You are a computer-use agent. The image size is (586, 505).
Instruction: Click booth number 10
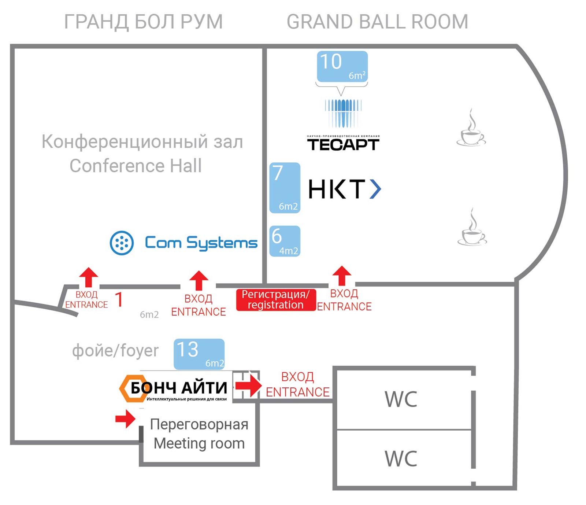pyautogui.click(x=342, y=66)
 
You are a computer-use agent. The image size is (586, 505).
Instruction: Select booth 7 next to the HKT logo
pyautogui.click(x=285, y=188)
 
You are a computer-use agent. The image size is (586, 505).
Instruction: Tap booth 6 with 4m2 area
pyautogui.click(x=285, y=241)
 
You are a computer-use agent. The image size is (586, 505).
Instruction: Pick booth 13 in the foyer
pyautogui.click(x=199, y=354)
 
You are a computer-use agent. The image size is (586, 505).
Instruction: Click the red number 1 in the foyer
pyautogui.click(x=119, y=299)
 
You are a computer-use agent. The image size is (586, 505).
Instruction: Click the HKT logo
pyautogui.click(x=344, y=189)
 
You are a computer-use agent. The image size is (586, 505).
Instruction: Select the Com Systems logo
pyautogui.click(x=183, y=243)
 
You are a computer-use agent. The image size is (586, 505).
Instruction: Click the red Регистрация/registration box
pyautogui.click(x=275, y=300)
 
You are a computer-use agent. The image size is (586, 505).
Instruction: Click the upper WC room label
pyautogui.click(x=401, y=399)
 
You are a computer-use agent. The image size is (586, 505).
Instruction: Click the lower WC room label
pyautogui.click(x=401, y=458)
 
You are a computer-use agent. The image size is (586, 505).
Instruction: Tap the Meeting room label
pyautogui.click(x=199, y=434)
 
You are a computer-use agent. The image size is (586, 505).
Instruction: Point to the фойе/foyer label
pyautogui.click(x=115, y=351)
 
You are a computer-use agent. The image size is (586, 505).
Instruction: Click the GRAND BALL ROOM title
pyautogui.click(x=377, y=22)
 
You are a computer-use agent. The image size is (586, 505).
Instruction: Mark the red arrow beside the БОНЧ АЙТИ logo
pyautogui.click(x=248, y=385)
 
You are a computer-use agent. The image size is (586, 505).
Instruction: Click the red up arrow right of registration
pyautogui.click(x=342, y=276)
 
